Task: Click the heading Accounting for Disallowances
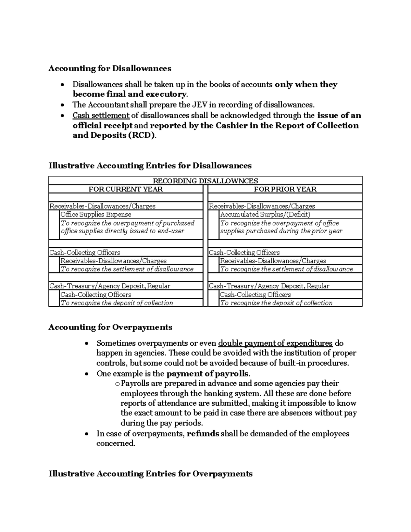pos(110,69)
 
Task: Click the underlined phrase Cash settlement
pos(101,115)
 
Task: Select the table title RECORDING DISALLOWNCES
pos(205,181)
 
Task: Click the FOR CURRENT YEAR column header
pos(125,189)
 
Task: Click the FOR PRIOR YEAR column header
pos(285,189)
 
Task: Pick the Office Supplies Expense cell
pos(96,214)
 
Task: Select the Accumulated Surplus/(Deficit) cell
pos(265,214)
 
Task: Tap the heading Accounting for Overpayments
pos(110,327)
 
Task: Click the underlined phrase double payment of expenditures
pos(275,343)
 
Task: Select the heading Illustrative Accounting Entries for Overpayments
pos(150,474)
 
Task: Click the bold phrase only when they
pos(306,85)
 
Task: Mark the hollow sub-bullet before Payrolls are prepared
pos(117,384)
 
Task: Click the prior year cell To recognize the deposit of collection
pos(276,303)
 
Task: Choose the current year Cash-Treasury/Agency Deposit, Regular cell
pos(110,286)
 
